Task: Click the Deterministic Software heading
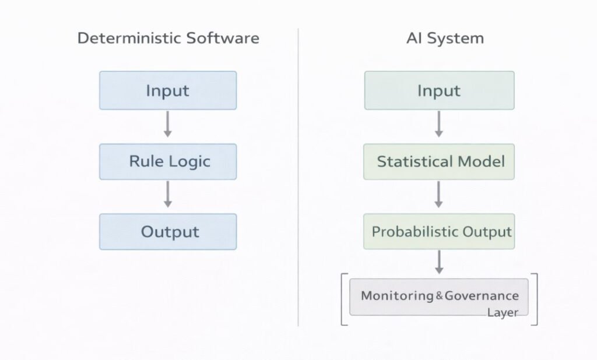168,38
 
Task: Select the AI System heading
445,38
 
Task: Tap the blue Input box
168,90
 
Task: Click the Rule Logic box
168,161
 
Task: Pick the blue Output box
168,231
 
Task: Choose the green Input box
439,90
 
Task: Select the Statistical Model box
439,161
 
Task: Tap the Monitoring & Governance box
438,297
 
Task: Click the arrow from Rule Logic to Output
168,195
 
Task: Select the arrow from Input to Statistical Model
439,125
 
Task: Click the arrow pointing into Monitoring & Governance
439,262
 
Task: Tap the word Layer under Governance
503,313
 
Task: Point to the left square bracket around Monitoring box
343,299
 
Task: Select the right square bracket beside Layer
535,299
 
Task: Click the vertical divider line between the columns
298,175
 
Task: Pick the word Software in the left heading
223,38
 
